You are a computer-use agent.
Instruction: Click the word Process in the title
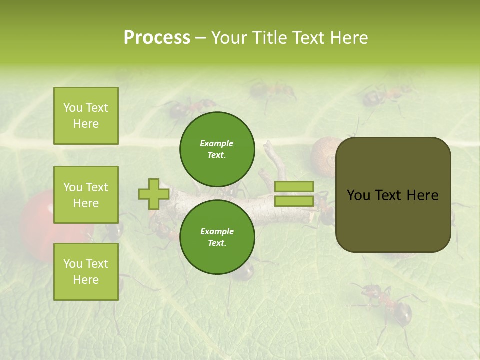[157, 38]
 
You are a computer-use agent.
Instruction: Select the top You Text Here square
[86, 116]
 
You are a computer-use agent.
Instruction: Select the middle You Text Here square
[86, 195]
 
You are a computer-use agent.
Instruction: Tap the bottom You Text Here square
[86, 272]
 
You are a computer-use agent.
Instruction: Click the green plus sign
[154, 194]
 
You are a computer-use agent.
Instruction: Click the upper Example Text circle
[217, 149]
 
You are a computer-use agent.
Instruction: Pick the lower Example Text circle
[217, 237]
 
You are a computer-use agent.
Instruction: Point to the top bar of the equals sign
[294, 186]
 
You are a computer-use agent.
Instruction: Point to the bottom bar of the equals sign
[294, 201]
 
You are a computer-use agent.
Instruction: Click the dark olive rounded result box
[393, 220]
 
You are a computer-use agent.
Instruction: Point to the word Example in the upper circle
[217, 143]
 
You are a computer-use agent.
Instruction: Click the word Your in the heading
[228, 38]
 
